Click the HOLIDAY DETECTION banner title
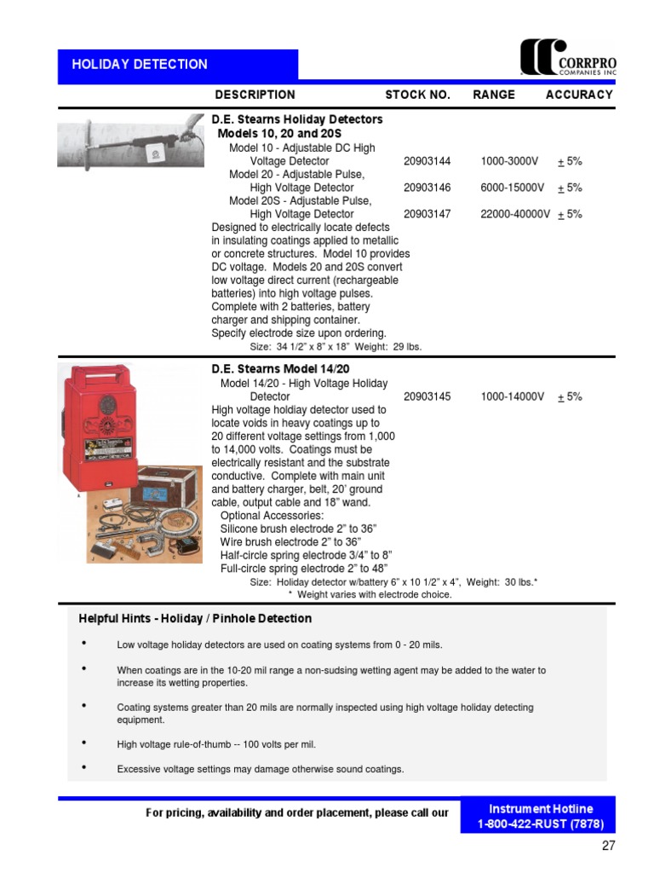(x=140, y=65)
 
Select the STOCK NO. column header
(x=417, y=95)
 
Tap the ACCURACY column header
(x=579, y=95)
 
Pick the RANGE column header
(x=494, y=95)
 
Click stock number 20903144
(x=427, y=161)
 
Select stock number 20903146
(x=427, y=188)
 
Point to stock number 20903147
(x=427, y=214)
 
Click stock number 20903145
(x=427, y=396)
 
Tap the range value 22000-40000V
(x=515, y=214)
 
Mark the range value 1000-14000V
(x=512, y=396)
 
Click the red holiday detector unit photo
(x=91, y=426)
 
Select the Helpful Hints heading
(x=195, y=618)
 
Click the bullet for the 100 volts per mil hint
(x=83, y=743)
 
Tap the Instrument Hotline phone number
(x=541, y=824)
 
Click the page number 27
(x=608, y=847)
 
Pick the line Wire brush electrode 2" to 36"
(x=291, y=541)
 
